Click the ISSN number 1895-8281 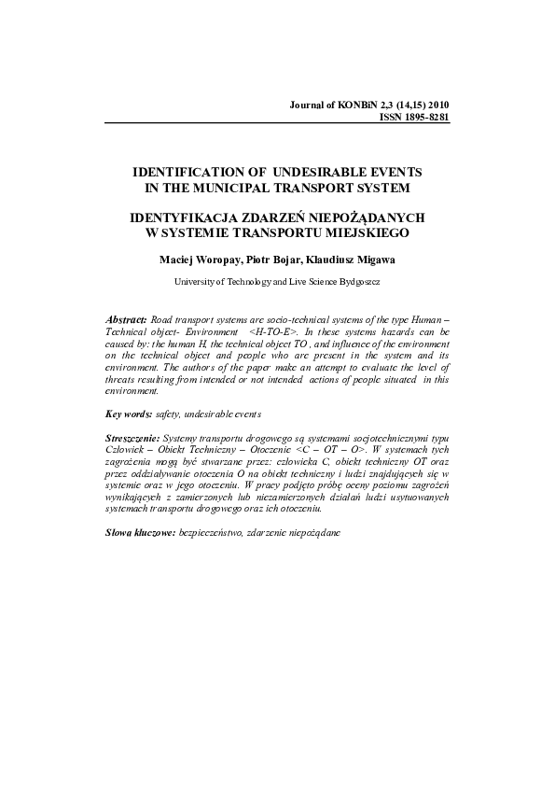(x=427, y=118)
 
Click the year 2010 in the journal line (x=436, y=105)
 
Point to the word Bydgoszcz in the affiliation (x=355, y=280)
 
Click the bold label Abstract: (x=126, y=319)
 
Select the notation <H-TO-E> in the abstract (x=278, y=331)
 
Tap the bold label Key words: (x=129, y=412)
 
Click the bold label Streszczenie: (x=133, y=437)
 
